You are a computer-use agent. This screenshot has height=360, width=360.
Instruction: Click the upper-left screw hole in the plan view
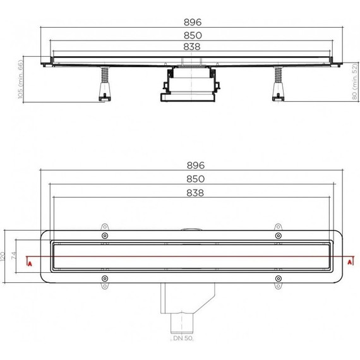pyautogui.click(x=104, y=236)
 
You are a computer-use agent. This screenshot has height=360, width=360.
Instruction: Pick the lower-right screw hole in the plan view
pyautogui.click(x=277, y=278)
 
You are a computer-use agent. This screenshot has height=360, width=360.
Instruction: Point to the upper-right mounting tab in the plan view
pyautogui.click(x=277, y=228)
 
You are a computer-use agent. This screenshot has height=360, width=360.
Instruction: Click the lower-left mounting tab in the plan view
pyautogui.click(x=104, y=285)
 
